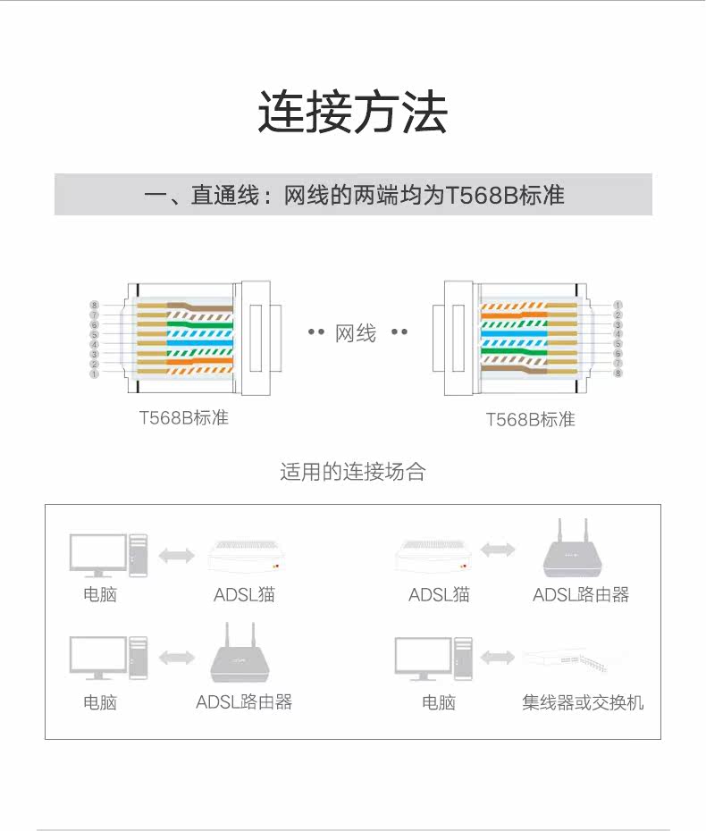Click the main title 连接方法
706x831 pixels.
point(352,113)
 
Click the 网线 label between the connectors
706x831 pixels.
point(356,333)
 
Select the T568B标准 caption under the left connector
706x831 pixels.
point(183,418)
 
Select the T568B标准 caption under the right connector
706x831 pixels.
point(530,419)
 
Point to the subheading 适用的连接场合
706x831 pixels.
point(352,472)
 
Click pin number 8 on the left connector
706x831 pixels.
point(94,306)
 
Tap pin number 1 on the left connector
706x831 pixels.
point(94,374)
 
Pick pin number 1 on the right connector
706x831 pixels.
point(618,306)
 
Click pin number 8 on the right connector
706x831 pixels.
point(618,374)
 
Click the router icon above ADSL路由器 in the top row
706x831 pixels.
point(573,550)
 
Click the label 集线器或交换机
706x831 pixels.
point(583,702)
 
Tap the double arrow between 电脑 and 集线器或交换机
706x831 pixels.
point(498,659)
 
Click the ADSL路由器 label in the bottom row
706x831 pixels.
point(244,702)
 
